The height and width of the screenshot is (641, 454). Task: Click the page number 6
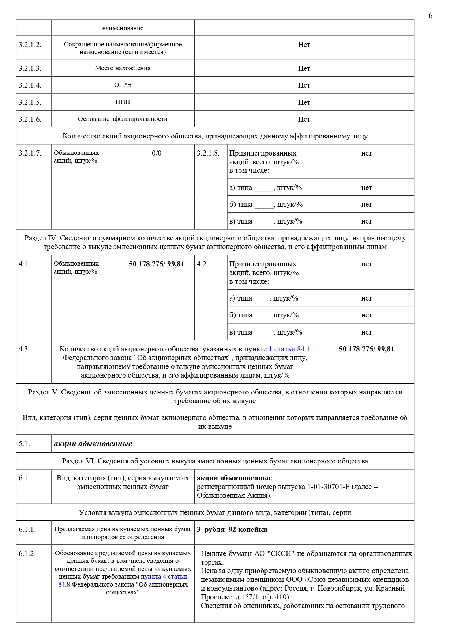point(431,15)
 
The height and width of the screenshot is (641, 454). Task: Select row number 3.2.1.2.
point(30,45)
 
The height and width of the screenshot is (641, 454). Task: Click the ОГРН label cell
point(123,85)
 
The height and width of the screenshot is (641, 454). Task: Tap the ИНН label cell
point(123,102)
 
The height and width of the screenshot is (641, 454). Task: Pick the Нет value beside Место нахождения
point(304,68)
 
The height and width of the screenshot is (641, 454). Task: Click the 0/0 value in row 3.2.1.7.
point(157,153)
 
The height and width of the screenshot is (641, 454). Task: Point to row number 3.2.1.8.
point(208,153)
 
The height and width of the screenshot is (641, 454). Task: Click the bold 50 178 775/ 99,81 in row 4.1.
point(157,264)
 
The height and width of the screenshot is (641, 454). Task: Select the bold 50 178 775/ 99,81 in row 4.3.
point(367,349)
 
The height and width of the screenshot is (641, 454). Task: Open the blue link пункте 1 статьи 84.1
point(277,349)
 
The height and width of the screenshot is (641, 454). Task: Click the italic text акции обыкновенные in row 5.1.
point(93,444)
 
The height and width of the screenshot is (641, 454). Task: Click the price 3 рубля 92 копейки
point(232,530)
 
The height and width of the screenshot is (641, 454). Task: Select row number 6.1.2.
point(27,554)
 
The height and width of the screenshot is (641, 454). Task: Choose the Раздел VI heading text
point(215,461)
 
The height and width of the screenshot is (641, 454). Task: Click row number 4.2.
point(202,264)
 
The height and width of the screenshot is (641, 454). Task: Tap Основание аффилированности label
point(123,119)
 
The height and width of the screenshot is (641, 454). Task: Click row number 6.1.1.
point(27,530)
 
